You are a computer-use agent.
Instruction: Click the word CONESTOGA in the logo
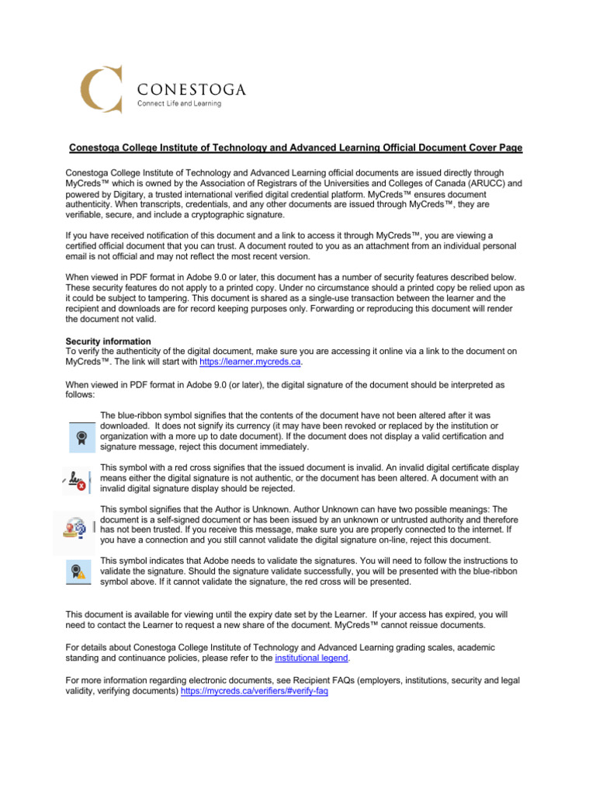(192, 89)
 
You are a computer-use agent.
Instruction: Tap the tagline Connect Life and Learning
(179, 104)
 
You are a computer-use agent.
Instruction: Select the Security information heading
(108, 341)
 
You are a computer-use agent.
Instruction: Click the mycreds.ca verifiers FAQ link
(254, 690)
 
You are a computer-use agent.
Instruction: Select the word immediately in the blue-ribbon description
(279, 447)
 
